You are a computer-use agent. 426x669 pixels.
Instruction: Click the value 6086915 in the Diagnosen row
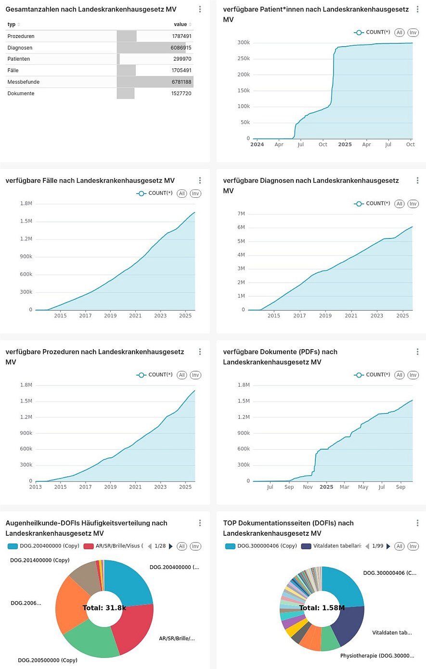181,48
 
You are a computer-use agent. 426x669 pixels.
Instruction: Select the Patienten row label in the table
19,59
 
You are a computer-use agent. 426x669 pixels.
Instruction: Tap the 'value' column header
181,25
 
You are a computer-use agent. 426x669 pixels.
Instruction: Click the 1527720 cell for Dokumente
181,94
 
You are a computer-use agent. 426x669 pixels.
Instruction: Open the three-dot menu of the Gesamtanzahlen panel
200,10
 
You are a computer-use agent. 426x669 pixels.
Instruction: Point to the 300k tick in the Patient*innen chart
244,43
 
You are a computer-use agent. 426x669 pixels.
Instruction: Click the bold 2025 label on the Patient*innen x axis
345,145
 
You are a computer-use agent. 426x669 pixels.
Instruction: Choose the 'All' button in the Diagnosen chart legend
400,204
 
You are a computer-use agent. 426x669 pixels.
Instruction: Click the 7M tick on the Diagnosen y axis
241,214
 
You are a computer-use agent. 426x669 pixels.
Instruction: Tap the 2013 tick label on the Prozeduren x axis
35,487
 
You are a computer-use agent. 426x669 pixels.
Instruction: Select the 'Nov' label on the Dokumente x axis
308,487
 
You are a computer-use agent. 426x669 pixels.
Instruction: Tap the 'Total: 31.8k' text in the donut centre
104,608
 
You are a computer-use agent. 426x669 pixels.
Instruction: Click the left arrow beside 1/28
150,546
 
